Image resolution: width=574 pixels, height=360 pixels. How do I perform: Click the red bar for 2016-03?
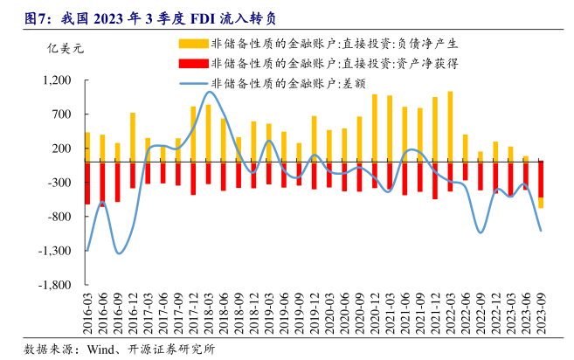[87, 183]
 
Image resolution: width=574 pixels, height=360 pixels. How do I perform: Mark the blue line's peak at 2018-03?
[210, 92]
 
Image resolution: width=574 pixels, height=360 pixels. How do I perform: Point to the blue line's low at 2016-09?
[118, 253]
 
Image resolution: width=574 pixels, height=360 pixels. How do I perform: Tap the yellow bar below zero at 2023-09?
[541, 203]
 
